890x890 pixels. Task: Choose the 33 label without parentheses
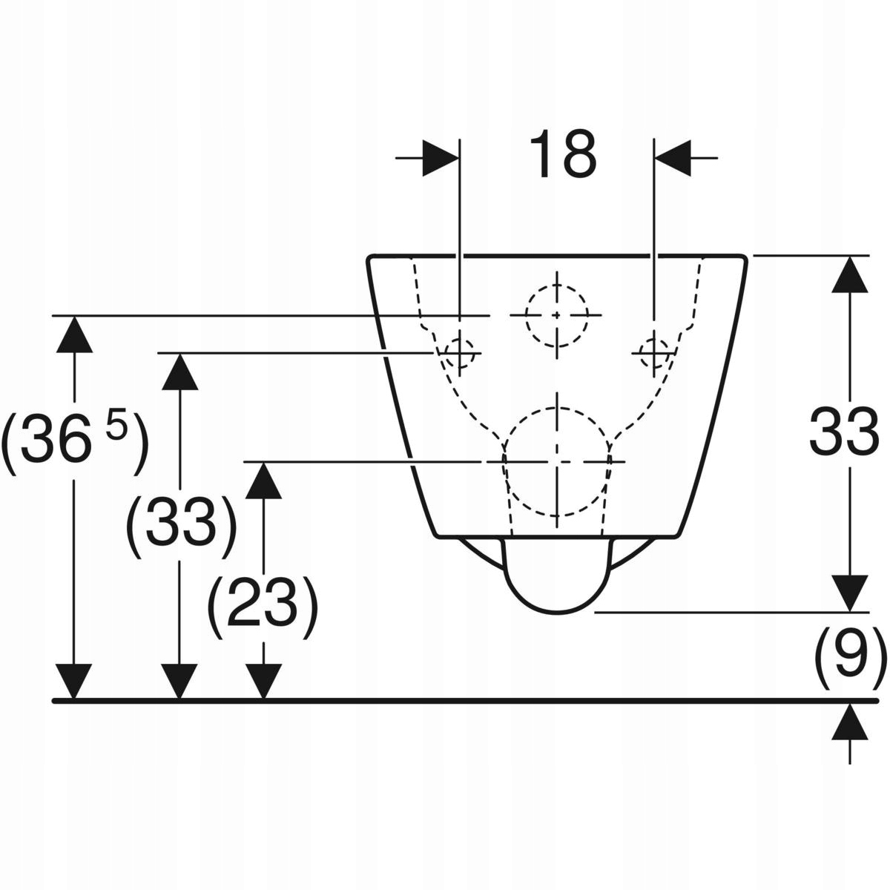point(844,433)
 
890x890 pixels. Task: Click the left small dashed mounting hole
point(460,352)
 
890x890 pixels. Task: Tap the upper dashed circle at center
point(556,314)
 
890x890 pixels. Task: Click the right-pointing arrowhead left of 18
point(441,158)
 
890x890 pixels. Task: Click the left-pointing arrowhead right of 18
point(672,158)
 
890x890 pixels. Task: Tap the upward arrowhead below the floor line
point(850,722)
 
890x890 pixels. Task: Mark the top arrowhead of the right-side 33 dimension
point(850,276)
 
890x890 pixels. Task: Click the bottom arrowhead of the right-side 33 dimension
point(850,593)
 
